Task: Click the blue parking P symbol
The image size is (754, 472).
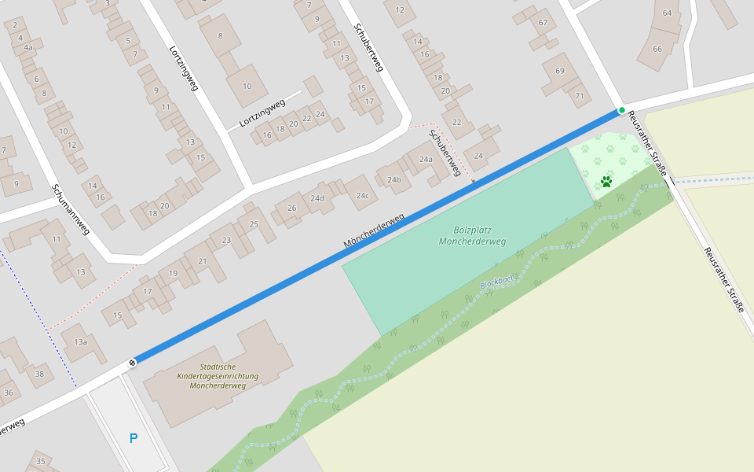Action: [133, 438]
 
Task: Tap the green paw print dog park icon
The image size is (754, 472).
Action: [606, 182]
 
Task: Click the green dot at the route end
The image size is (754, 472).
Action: [621, 110]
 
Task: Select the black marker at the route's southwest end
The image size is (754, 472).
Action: [132, 362]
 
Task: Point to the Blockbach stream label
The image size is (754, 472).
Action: [498, 281]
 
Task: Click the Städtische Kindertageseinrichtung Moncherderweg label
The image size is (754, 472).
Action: [218, 376]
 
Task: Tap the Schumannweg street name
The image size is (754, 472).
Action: [71, 209]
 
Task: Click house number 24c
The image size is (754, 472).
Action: [361, 195]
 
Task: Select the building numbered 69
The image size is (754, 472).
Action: [559, 72]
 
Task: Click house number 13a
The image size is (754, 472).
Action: [80, 342]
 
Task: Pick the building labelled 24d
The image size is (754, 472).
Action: [317, 198]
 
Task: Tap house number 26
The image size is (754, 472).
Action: [291, 208]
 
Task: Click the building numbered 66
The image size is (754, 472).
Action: [657, 49]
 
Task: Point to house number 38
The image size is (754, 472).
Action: [39, 374]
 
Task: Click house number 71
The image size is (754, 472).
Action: [580, 96]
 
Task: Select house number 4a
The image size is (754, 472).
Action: [28, 48]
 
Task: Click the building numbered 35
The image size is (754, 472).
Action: [41, 460]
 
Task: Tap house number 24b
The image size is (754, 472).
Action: [393, 180]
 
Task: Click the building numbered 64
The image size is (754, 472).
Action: [667, 13]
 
